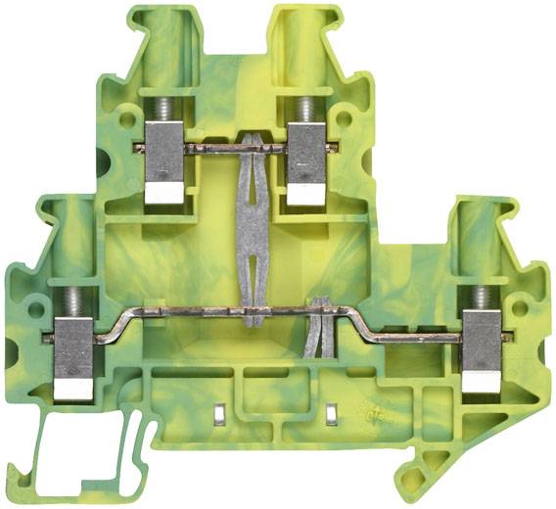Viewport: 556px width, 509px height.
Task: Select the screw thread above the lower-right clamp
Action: [481, 297]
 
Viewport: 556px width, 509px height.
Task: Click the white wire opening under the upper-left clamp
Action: [163, 195]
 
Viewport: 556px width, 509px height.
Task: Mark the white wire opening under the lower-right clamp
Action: [481, 385]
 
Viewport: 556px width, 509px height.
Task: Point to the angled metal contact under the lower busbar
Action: [314, 329]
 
